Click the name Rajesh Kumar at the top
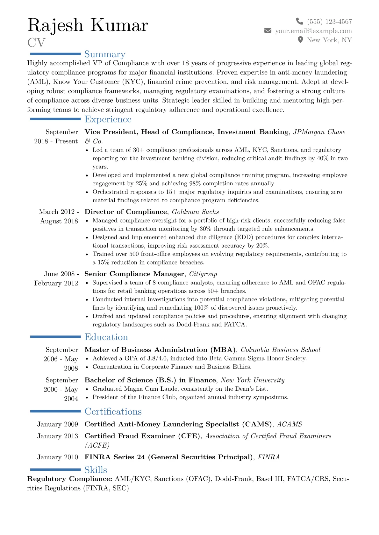click(88, 25)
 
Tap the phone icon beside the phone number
click(299, 21)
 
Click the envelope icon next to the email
click(268, 31)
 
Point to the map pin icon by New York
click(300, 40)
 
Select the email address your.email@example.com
click(313, 31)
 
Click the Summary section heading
click(105, 54)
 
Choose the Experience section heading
click(108, 119)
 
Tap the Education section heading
click(106, 337)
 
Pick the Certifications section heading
click(113, 411)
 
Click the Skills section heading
click(96, 470)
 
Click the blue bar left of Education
click(55, 337)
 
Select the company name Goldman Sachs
click(195, 212)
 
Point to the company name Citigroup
click(203, 274)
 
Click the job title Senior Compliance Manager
click(134, 274)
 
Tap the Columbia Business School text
click(280, 350)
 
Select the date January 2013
click(58, 436)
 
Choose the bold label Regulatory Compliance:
click(70, 479)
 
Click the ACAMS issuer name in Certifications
click(290, 424)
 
